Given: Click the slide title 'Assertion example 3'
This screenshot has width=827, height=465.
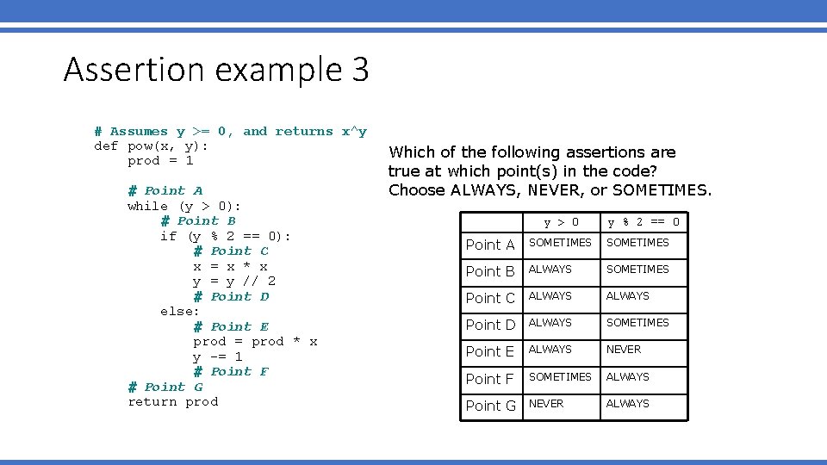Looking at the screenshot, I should pyautogui.click(x=216, y=69).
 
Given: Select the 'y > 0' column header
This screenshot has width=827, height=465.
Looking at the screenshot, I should pyautogui.click(x=561, y=222).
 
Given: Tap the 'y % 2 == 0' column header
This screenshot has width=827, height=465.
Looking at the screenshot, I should pyautogui.click(x=644, y=222).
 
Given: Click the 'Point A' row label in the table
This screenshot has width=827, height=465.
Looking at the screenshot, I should pyautogui.click(x=490, y=245).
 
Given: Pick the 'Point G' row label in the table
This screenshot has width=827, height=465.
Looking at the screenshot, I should pyautogui.click(x=490, y=406).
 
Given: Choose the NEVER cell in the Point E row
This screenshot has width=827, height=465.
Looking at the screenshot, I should pyautogui.click(x=624, y=350).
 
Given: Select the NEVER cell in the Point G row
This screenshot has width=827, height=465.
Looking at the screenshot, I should pyautogui.click(x=546, y=403).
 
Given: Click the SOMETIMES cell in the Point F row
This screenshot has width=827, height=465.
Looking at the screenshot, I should pyautogui.click(x=560, y=376).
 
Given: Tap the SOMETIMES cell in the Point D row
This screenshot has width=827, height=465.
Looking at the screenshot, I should pyautogui.click(x=637, y=322).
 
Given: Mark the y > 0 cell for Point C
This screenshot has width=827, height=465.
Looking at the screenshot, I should pyautogui.click(x=550, y=295).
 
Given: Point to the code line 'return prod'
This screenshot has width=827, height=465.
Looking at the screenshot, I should pyautogui.click(x=172, y=401).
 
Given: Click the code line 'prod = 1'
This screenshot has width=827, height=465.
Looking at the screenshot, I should pyautogui.click(x=160, y=160).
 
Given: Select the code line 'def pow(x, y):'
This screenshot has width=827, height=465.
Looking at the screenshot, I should pyautogui.click(x=151, y=146).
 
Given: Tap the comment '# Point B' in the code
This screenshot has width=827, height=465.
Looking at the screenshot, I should pyautogui.click(x=198, y=220).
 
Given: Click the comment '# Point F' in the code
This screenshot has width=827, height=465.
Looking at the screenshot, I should pyautogui.click(x=231, y=371).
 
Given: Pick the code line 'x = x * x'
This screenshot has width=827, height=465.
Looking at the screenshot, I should pyautogui.click(x=230, y=266).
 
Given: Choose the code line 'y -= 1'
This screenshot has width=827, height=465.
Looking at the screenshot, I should pyautogui.click(x=217, y=356).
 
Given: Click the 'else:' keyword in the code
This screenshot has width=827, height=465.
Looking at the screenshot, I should pyautogui.click(x=179, y=311).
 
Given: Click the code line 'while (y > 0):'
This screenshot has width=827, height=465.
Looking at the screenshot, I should pyautogui.click(x=184, y=206).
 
